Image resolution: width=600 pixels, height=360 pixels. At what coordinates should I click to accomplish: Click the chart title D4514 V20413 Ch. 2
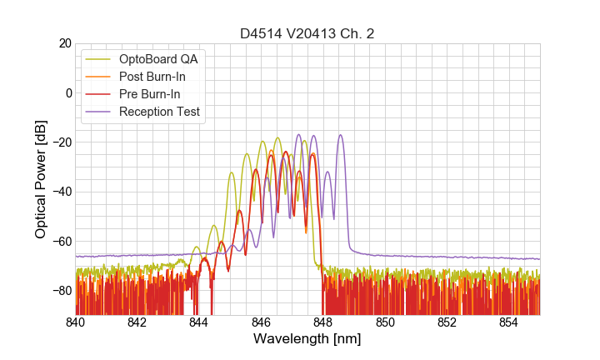[307, 33]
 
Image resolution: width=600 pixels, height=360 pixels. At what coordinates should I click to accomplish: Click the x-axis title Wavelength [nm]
[307, 339]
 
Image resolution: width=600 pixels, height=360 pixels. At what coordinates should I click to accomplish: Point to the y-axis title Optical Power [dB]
[40, 179]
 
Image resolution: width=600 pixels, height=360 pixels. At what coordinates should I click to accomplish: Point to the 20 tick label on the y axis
[62, 43]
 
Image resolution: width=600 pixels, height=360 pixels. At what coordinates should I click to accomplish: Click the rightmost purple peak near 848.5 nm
[340, 136]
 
